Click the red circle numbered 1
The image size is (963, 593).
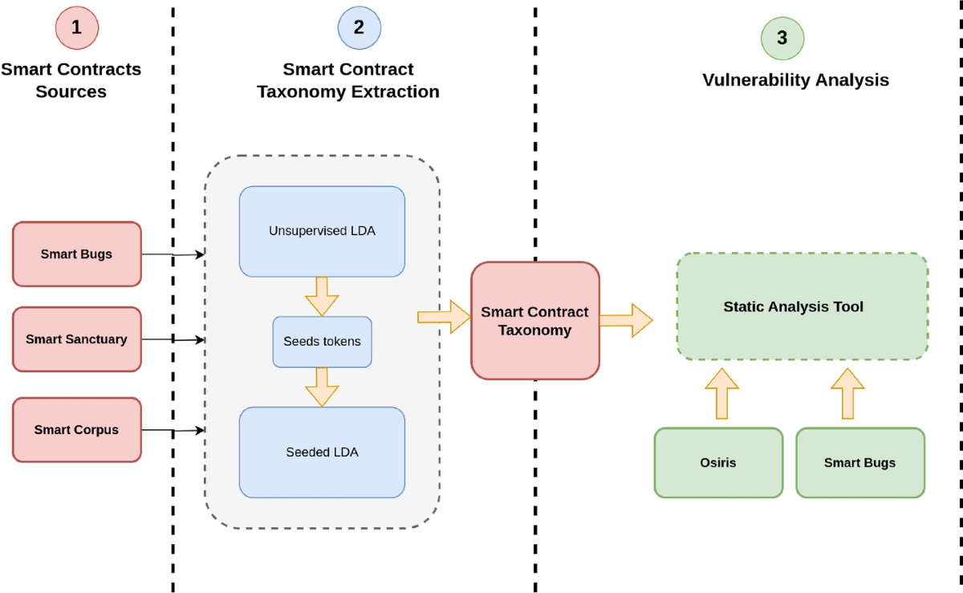pos(76,27)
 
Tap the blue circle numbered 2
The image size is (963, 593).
pos(359,27)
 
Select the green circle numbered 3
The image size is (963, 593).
pos(782,38)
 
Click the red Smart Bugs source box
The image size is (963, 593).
pos(77,254)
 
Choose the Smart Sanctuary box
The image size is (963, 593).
pos(77,339)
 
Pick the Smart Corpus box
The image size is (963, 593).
pos(77,430)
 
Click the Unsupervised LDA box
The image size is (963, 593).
pos(322,231)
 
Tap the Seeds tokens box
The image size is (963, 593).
pos(322,342)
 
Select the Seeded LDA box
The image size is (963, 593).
pos(322,452)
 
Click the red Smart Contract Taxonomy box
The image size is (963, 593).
pos(534,321)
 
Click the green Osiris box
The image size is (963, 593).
pos(717,462)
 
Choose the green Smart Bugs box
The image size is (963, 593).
pos(859,462)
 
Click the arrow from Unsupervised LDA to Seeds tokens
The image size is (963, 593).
pos(322,296)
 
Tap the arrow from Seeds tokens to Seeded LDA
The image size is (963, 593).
pos(322,387)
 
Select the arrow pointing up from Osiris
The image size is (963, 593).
pos(722,393)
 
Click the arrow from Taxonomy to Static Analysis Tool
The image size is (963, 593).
pos(626,321)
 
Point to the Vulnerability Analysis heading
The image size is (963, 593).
pos(795,80)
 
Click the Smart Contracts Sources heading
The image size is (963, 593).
pos(71,80)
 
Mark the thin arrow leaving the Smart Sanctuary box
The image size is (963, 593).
pos(173,340)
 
